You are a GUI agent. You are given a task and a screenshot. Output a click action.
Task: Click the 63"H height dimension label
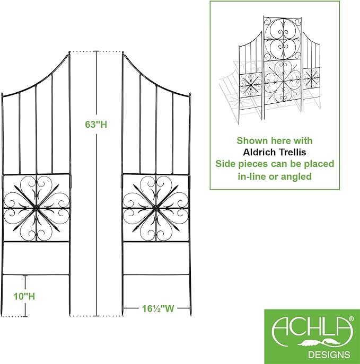[96, 125]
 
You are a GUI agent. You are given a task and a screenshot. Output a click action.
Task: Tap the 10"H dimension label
[24, 297]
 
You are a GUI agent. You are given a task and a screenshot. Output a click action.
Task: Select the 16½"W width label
[158, 309]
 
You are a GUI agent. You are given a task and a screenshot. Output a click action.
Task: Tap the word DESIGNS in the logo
[329, 354]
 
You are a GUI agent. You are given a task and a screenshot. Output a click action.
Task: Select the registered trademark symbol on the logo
[351, 319]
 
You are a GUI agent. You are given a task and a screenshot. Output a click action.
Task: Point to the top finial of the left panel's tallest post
[69, 53]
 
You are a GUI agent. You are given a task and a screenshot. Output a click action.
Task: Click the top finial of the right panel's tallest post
[123, 53]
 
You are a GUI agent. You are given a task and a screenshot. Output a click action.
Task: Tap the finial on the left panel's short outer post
[2, 95]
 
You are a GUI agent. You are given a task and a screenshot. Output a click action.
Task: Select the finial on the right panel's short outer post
[190, 95]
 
